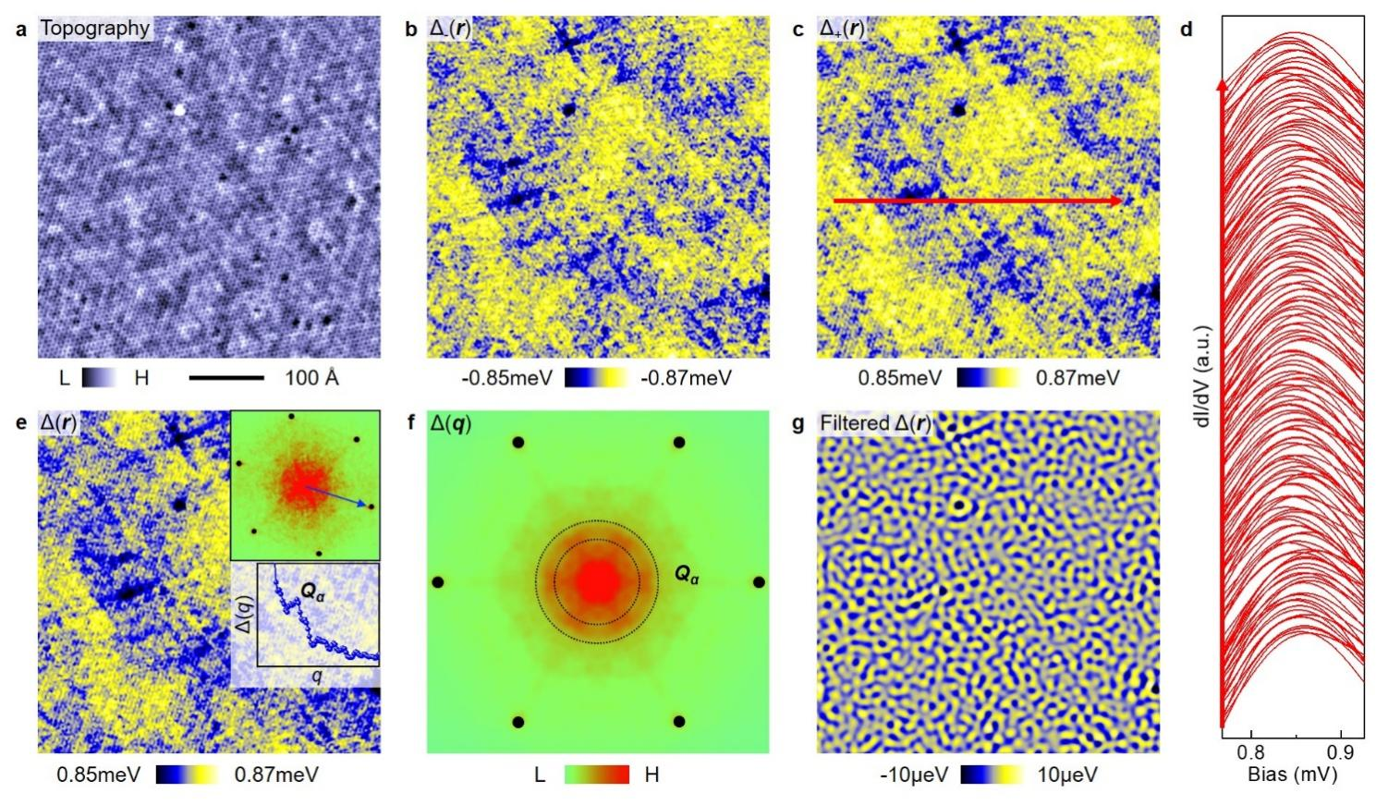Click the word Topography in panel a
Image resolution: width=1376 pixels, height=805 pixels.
pyautogui.click(x=94, y=28)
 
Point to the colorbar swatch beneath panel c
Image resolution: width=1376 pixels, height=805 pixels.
pyautogui.click(x=988, y=378)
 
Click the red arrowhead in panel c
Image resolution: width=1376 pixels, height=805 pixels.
pyautogui.click(x=1117, y=201)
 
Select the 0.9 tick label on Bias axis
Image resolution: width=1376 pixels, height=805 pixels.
pyautogui.click(x=1341, y=753)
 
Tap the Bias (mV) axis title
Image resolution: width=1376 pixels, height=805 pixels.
pyautogui.click(x=1292, y=775)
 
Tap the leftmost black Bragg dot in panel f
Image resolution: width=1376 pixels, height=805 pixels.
pyautogui.click(x=438, y=582)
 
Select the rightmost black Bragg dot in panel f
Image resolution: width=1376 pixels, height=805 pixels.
pyautogui.click(x=759, y=582)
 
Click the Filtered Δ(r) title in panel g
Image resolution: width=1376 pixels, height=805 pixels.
pyautogui.click(x=875, y=424)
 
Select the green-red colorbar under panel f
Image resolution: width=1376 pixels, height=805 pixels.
pyautogui.click(x=596, y=775)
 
